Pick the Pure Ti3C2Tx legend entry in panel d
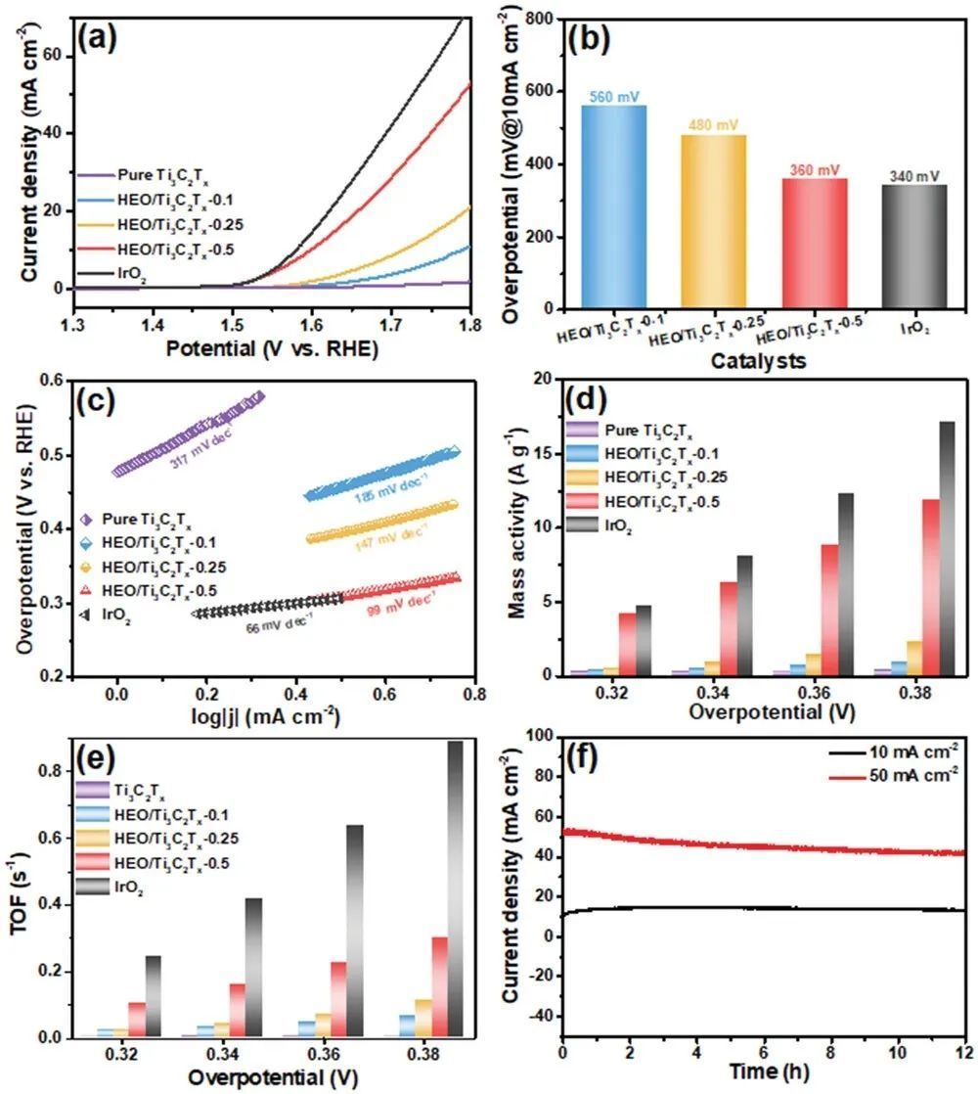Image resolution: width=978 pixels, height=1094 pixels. tap(636, 429)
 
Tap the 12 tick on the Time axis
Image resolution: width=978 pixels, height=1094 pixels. tap(963, 1052)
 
